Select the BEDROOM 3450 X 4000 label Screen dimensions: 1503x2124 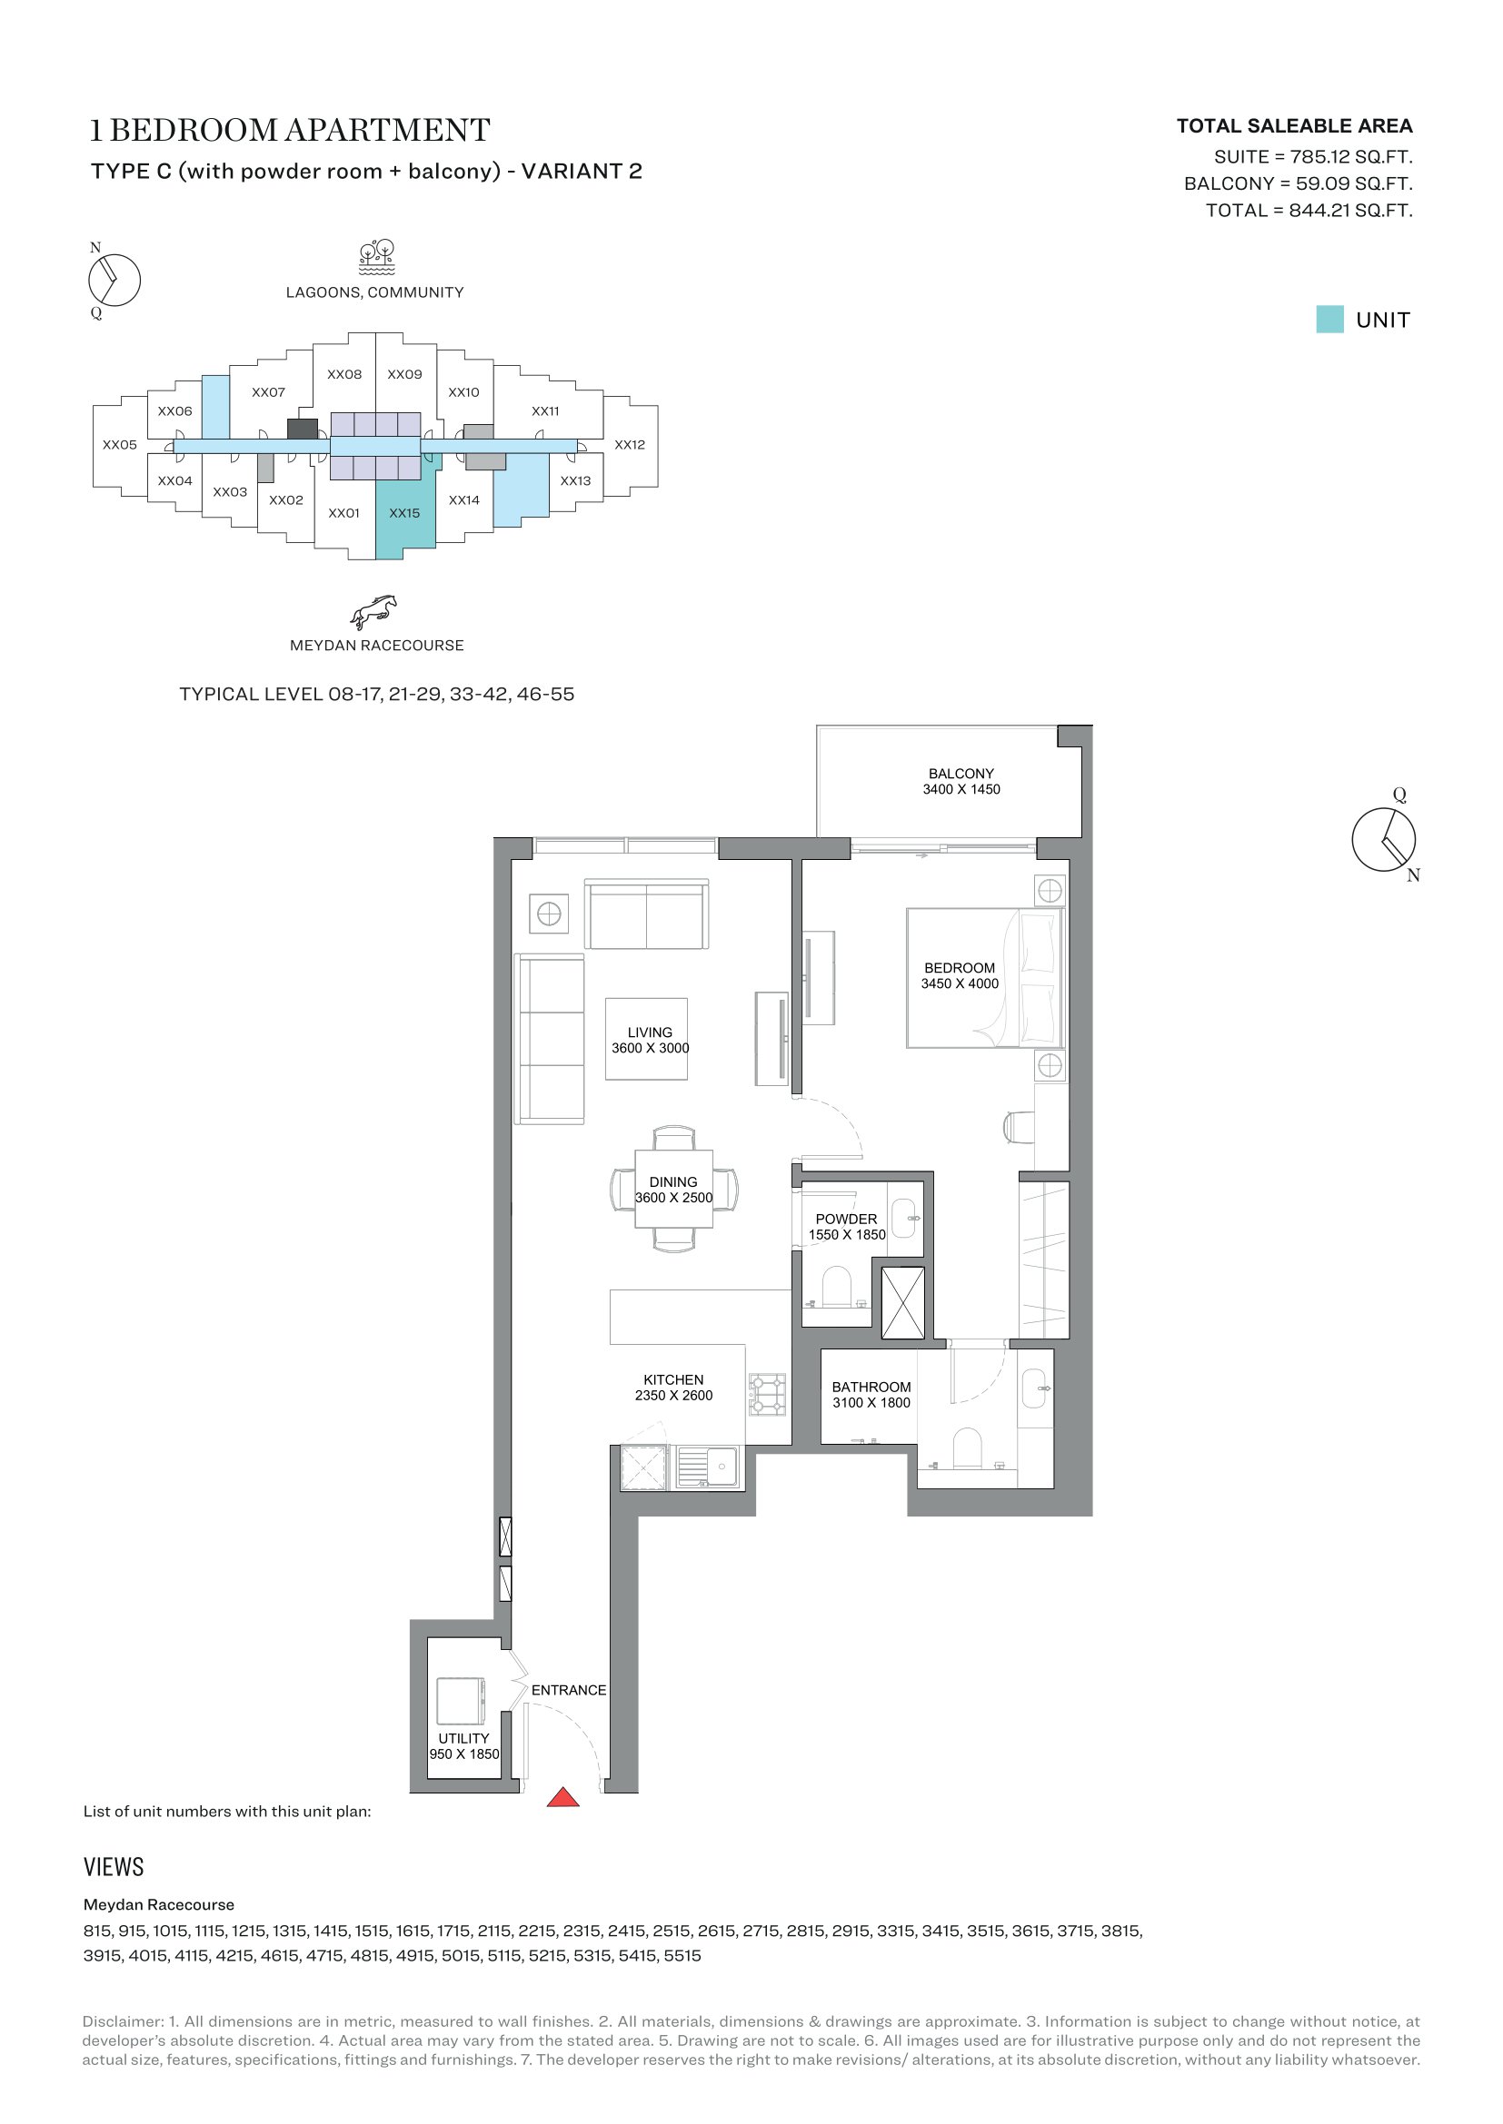[x=960, y=975]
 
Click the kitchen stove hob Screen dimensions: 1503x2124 [x=767, y=1394]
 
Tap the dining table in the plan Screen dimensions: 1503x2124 [x=673, y=1189]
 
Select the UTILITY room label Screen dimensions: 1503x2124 [x=463, y=1738]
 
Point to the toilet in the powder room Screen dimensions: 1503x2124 [x=837, y=1287]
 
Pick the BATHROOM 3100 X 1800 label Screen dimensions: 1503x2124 [x=871, y=1394]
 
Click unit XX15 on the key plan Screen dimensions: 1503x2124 [x=404, y=512]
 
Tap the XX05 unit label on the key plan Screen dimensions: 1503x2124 [x=119, y=444]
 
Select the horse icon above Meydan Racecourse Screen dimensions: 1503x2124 [x=373, y=611]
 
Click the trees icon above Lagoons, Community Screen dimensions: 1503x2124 [x=377, y=257]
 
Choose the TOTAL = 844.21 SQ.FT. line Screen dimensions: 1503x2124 [x=1309, y=211]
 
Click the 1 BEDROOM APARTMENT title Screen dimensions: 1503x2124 [x=290, y=131]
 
